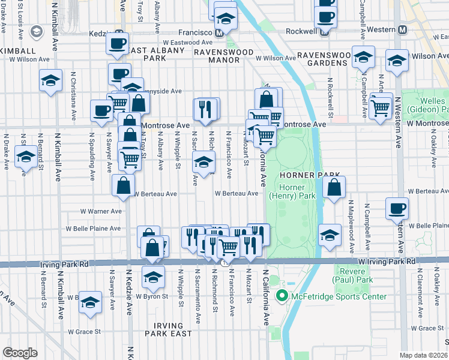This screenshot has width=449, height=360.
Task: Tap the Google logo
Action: [x=20, y=352]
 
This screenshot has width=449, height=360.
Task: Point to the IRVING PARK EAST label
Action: [x=168, y=329]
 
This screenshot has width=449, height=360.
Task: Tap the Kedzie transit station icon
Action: [x=119, y=34]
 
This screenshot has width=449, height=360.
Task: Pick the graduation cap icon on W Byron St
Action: [x=153, y=277]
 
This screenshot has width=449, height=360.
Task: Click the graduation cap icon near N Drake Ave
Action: [x=25, y=158]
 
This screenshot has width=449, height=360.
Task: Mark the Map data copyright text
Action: [x=424, y=355]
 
